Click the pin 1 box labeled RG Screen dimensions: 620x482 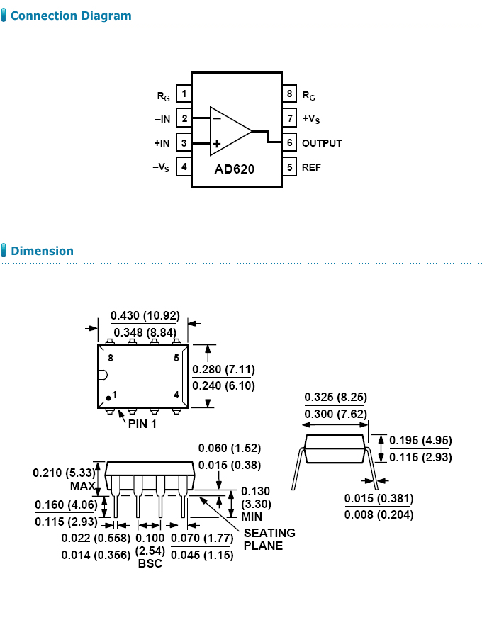184,94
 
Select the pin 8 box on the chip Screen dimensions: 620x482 290,94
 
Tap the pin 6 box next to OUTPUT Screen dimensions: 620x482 290,142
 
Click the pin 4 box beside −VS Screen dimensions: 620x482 184,167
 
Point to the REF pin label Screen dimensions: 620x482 311,168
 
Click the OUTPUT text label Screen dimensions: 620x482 322,143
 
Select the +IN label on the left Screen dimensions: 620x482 162,143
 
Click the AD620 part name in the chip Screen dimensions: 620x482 235,170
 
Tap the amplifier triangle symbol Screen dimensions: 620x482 228,131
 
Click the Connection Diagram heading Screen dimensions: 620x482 71,16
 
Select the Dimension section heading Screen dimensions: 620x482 42,251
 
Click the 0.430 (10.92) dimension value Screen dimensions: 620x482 145,315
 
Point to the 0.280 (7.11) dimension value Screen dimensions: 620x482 223,369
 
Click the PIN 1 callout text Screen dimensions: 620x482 142,424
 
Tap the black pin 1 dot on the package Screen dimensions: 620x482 108,398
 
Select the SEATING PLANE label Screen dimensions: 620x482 269,539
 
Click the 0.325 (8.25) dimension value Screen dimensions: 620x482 335,397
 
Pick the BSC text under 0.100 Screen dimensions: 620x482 150,563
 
